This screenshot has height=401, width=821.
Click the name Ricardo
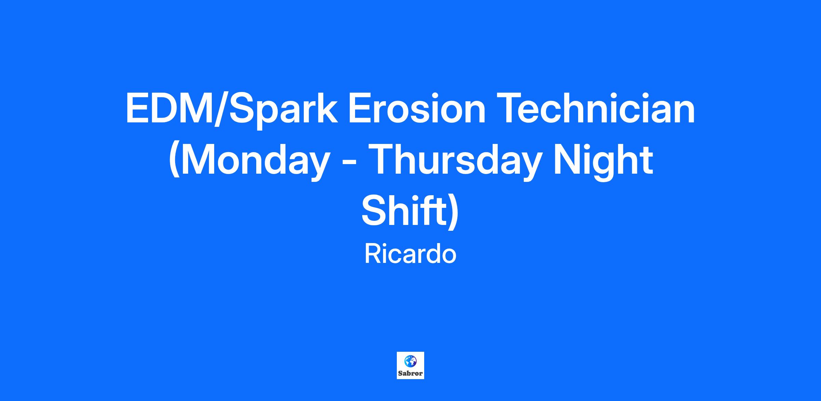(410, 254)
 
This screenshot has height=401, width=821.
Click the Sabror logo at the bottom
(410, 365)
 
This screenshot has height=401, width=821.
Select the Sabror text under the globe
(410, 373)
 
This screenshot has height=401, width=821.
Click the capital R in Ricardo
(372, 254)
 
